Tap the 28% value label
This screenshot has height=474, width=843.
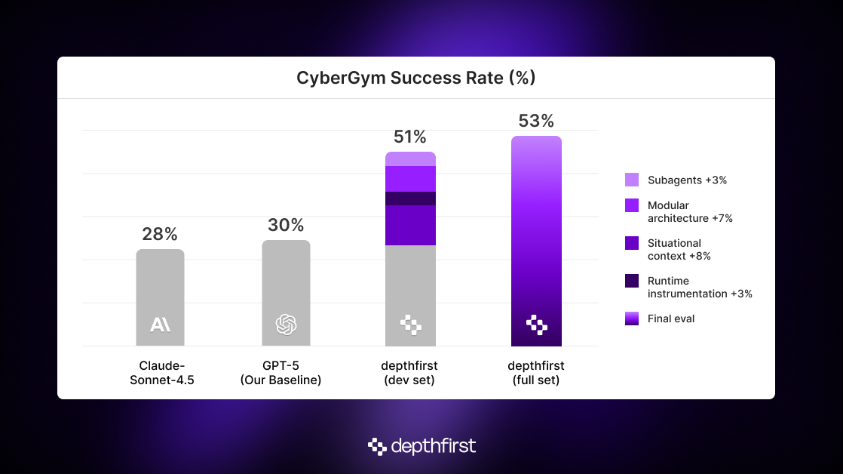[x=160, y=234]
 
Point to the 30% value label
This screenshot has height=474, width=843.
[x=286, y=225]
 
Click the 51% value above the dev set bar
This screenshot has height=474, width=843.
[x=410, y=137]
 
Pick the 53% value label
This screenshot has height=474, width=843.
[x=536, y=121]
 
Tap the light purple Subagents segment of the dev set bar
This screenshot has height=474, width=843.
[x=410, y=159]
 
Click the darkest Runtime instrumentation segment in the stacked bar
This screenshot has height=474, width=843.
[x=410, y=199]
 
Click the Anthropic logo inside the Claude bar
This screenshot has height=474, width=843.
[x=160, y=325]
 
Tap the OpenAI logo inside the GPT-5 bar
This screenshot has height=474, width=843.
[x=286, y=325]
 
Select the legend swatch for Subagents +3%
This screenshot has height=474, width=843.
[x=632, y=180]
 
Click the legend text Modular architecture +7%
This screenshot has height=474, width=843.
[x=679, y=212]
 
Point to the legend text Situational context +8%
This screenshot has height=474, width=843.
[x=679, y=250]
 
